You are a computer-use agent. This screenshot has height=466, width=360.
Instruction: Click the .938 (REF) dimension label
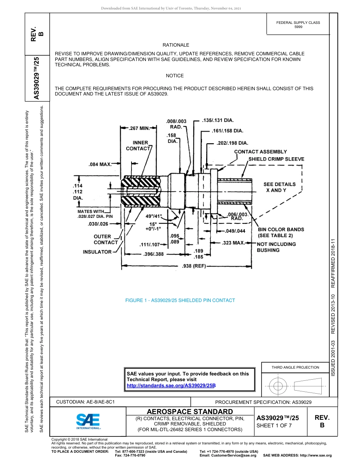click(x=194, y=266)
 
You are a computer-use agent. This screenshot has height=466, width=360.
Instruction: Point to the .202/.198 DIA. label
click(x=232, y=143)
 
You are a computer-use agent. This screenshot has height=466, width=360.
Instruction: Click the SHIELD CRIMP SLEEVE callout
click(x=276, y=159)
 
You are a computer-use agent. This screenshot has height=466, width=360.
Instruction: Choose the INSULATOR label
click(x=97, y=252)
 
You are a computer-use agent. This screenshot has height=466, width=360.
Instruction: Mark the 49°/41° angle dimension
click(x=154, y=216)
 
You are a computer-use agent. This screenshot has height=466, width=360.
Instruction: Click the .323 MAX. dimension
click(x=233, y=242)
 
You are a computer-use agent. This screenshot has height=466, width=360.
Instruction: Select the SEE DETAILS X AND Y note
click(x=279, y=187)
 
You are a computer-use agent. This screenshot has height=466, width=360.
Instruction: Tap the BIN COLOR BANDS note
click(x=281, y=230)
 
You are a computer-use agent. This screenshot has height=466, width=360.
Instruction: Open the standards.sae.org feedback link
click(x=171, y=386)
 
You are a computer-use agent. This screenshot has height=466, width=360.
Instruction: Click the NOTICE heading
click(x=175, y=76)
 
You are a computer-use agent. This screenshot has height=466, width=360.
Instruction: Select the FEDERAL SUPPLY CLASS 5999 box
click(x=298, y=25)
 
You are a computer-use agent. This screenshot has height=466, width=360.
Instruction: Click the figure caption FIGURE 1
click(x=180, y=300)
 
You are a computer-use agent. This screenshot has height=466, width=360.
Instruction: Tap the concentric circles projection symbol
click(x=279, y=386)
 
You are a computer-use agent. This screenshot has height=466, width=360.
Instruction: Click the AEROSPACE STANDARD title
click(x=190, y=411)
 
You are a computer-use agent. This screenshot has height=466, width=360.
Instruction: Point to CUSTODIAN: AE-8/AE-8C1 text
click(x=85, y=402)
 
